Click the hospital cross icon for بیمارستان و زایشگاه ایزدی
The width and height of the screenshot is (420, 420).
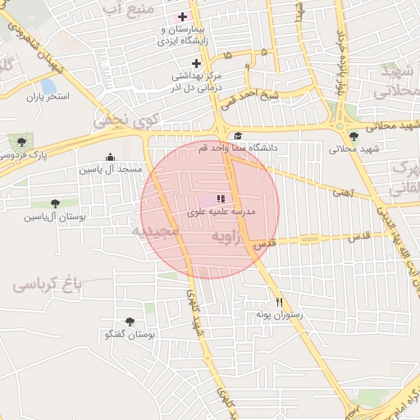pyautogui.click(x=182, y=16)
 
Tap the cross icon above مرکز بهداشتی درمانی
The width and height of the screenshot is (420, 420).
pyautogui.click(x=196, y=63)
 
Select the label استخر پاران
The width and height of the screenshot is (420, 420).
pyautogui.click(x=48, y=97)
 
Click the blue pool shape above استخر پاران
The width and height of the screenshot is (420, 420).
pyautogui.click(x=48, y=85)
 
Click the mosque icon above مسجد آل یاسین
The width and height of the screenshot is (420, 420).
pyautogui.click(x=111, y=157)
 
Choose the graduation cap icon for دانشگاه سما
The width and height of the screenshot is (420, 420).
pyautogui.click(x=238, y=136)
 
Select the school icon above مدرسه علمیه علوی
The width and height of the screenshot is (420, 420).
pyautogui.click(x=220, y=199)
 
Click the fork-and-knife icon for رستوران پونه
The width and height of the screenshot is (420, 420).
pyautogui.click(x=279, y=301)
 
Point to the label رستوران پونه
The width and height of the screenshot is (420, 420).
pyautogui.click(x=279, y=314)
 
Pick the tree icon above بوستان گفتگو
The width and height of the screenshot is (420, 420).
pyautogui.click(x=130, y=322)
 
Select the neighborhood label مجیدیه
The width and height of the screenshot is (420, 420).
pyautogui.click(x=156, y=232)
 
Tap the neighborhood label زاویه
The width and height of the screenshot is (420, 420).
pyautogui.click(x=231, y=237)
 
